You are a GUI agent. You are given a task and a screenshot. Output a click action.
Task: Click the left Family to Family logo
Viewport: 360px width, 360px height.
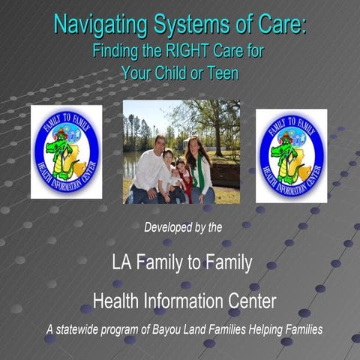[66, 151]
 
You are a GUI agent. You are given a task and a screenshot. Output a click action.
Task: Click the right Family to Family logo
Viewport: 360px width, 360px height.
[291, 155]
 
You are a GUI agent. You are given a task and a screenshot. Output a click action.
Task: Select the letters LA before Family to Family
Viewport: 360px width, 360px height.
[121, 263]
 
